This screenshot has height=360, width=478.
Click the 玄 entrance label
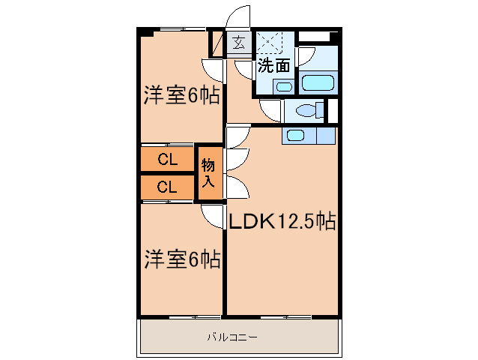pos(238,43)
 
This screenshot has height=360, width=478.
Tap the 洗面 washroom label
pos(273,65)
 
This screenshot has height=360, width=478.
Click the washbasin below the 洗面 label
pos(283,86)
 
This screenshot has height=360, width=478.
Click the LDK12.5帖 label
pos(281,221)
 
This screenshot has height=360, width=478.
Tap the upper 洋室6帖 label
pos(181,96)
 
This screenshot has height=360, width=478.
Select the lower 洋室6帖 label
pos(181,259)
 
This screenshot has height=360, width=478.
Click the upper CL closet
pos(167,159)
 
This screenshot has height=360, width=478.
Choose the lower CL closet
pos(167,187)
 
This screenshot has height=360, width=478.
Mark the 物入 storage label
pos(209,173)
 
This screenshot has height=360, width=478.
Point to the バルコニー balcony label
pos(232,337)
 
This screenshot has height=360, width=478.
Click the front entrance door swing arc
pos(241,19)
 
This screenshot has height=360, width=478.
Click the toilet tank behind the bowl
pos(322,111)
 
